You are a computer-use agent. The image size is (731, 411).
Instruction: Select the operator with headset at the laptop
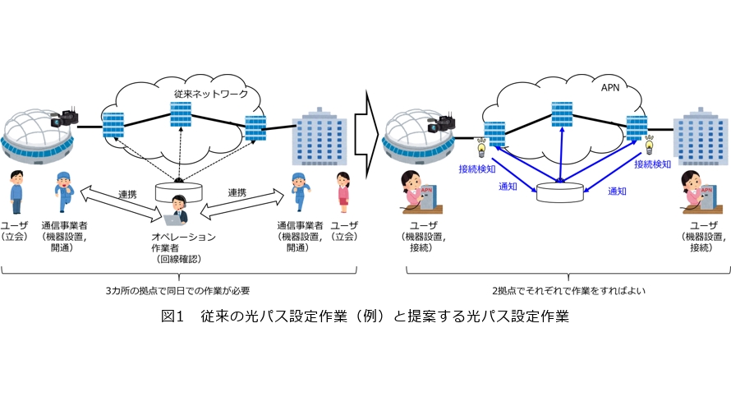(178, 211)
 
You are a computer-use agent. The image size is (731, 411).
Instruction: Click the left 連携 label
(126, 193)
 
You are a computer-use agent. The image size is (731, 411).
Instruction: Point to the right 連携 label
(237, 193)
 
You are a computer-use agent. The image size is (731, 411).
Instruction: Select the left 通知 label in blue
(508, 187)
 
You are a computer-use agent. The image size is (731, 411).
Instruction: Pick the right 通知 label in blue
(617, 191)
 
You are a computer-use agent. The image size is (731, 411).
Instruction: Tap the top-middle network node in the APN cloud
(563, 114)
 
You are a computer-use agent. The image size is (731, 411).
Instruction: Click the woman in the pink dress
(343, 194)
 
